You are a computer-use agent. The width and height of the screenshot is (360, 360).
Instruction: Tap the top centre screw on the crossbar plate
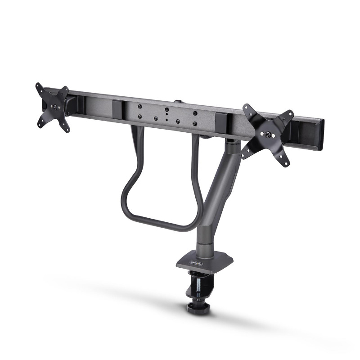pyautogui.click(x=167, y=109)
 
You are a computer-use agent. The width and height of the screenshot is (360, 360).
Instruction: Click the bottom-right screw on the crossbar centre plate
pyautogui.click(x=195, y=123)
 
